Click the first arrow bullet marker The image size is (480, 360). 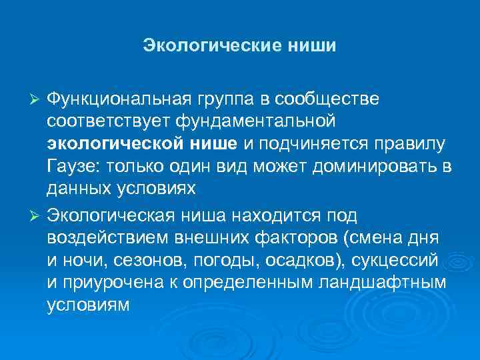[x=37, y=99]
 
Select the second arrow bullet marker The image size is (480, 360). [x=37, y=215]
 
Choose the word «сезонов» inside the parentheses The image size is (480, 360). [x=139, y=261]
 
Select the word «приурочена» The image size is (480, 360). [x=115, y=283]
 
